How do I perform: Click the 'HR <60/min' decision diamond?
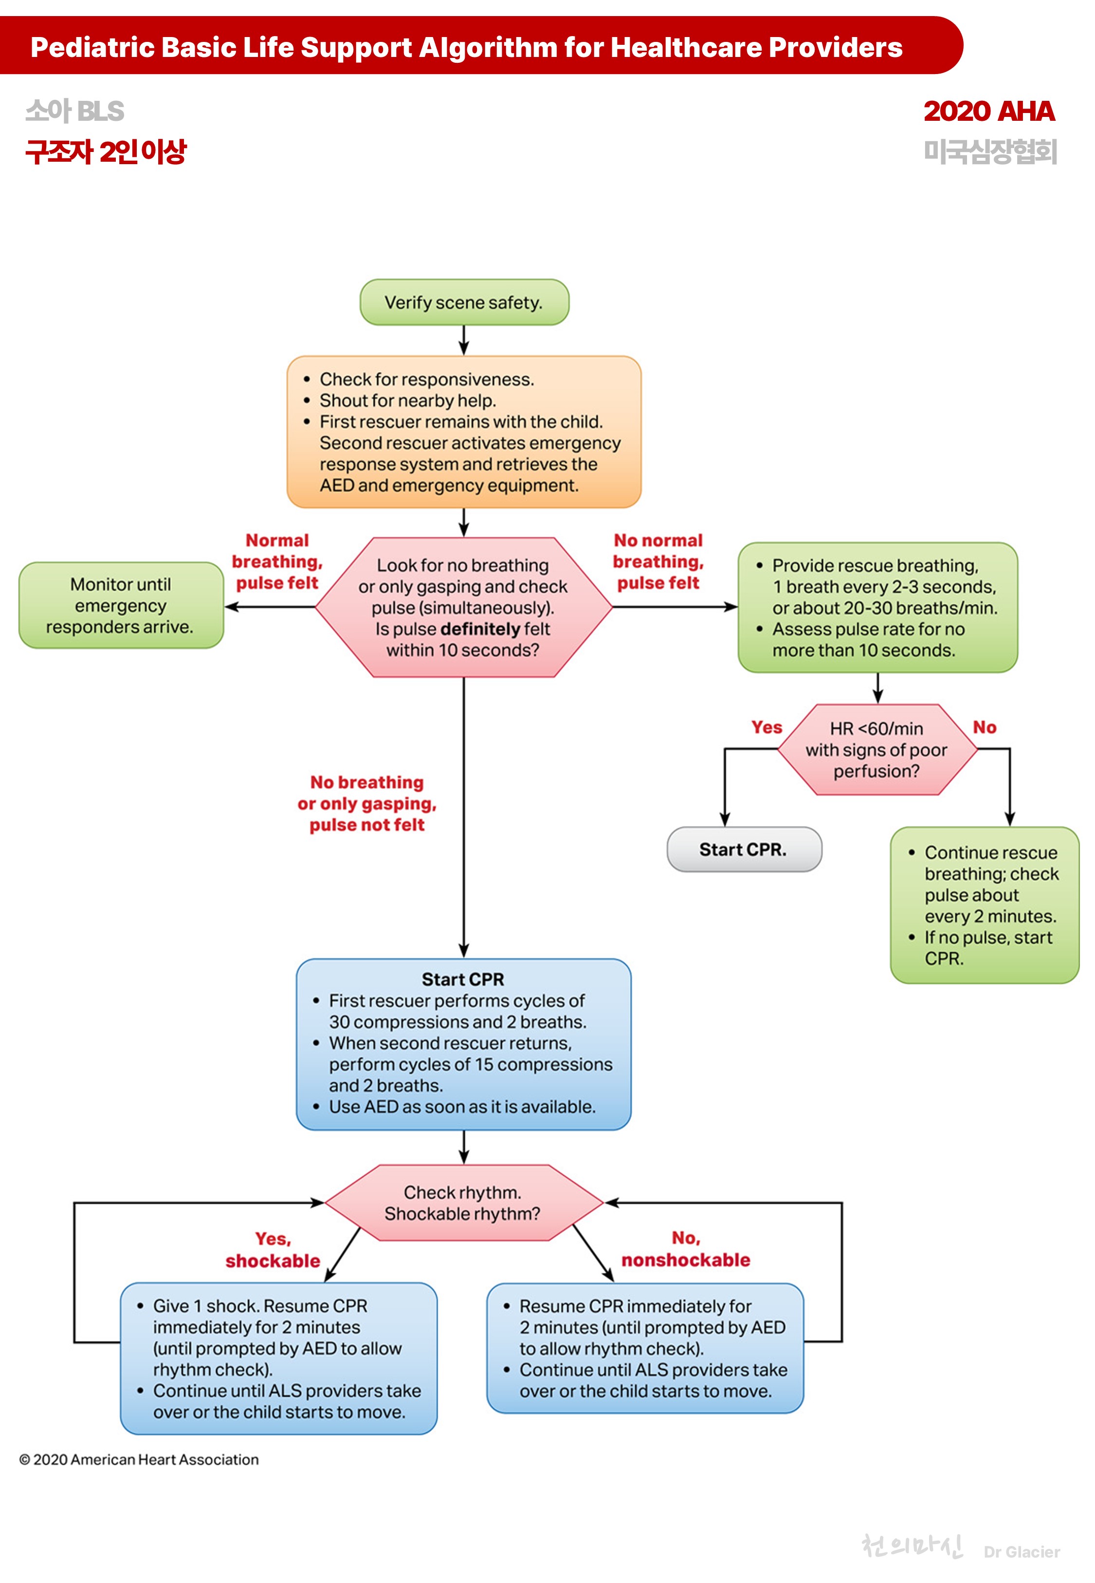877,750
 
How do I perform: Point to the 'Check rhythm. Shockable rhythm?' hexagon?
463,1203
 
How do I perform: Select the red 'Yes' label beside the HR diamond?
766,727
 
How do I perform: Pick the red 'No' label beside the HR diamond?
985,727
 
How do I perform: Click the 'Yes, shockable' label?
273,1250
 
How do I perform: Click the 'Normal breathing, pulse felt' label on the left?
277,562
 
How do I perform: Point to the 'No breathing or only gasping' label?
367,803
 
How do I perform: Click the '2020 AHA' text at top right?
988,111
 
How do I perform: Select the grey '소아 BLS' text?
75,111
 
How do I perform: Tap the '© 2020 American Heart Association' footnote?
139,1459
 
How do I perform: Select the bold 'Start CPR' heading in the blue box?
463,980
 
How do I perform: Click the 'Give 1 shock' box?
278,1358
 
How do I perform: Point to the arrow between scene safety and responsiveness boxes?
464,340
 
